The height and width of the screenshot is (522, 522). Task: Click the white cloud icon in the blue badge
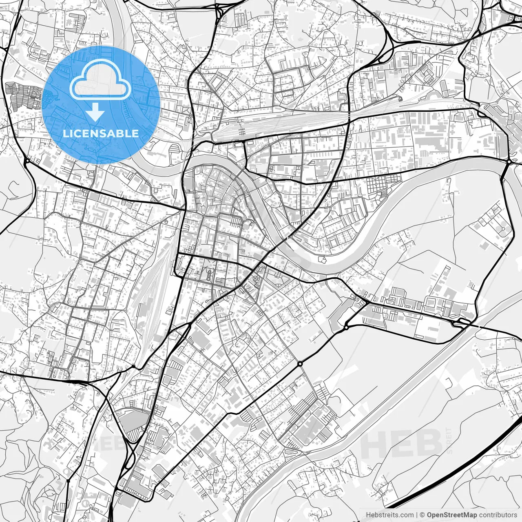click(x=101, y=82)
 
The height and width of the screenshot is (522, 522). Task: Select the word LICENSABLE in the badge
click(x=101, y=133)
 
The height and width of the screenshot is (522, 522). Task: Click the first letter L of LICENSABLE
click(x=66, y=133)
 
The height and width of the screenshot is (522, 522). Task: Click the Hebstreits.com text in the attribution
click(x=389, y=515)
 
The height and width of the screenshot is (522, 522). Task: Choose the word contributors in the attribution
click(x=498, y=515)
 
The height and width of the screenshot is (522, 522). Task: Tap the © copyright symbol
click(x=423, y=515)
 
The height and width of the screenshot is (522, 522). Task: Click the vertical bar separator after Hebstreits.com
click(x=417, y=515)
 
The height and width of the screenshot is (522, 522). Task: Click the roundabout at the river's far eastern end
click(x=509, y=162)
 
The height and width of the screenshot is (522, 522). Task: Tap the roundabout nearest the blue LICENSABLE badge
click(x=27, y=161)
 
